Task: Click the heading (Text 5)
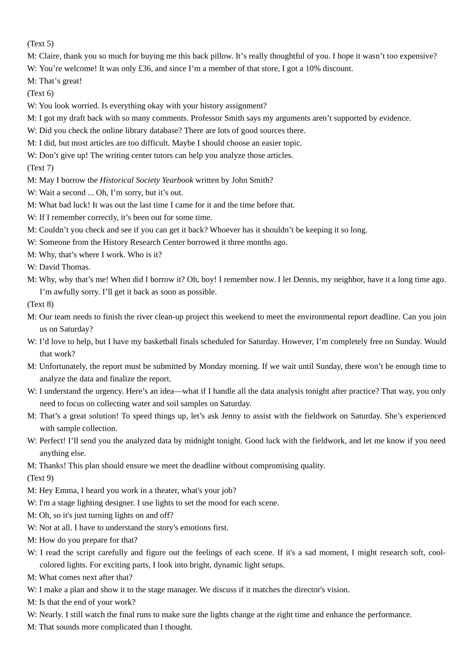point(40,44)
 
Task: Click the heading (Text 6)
point(40,93)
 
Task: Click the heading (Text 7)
point(40,168)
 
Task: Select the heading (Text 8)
point(40,305)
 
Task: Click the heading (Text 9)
point(40,478)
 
